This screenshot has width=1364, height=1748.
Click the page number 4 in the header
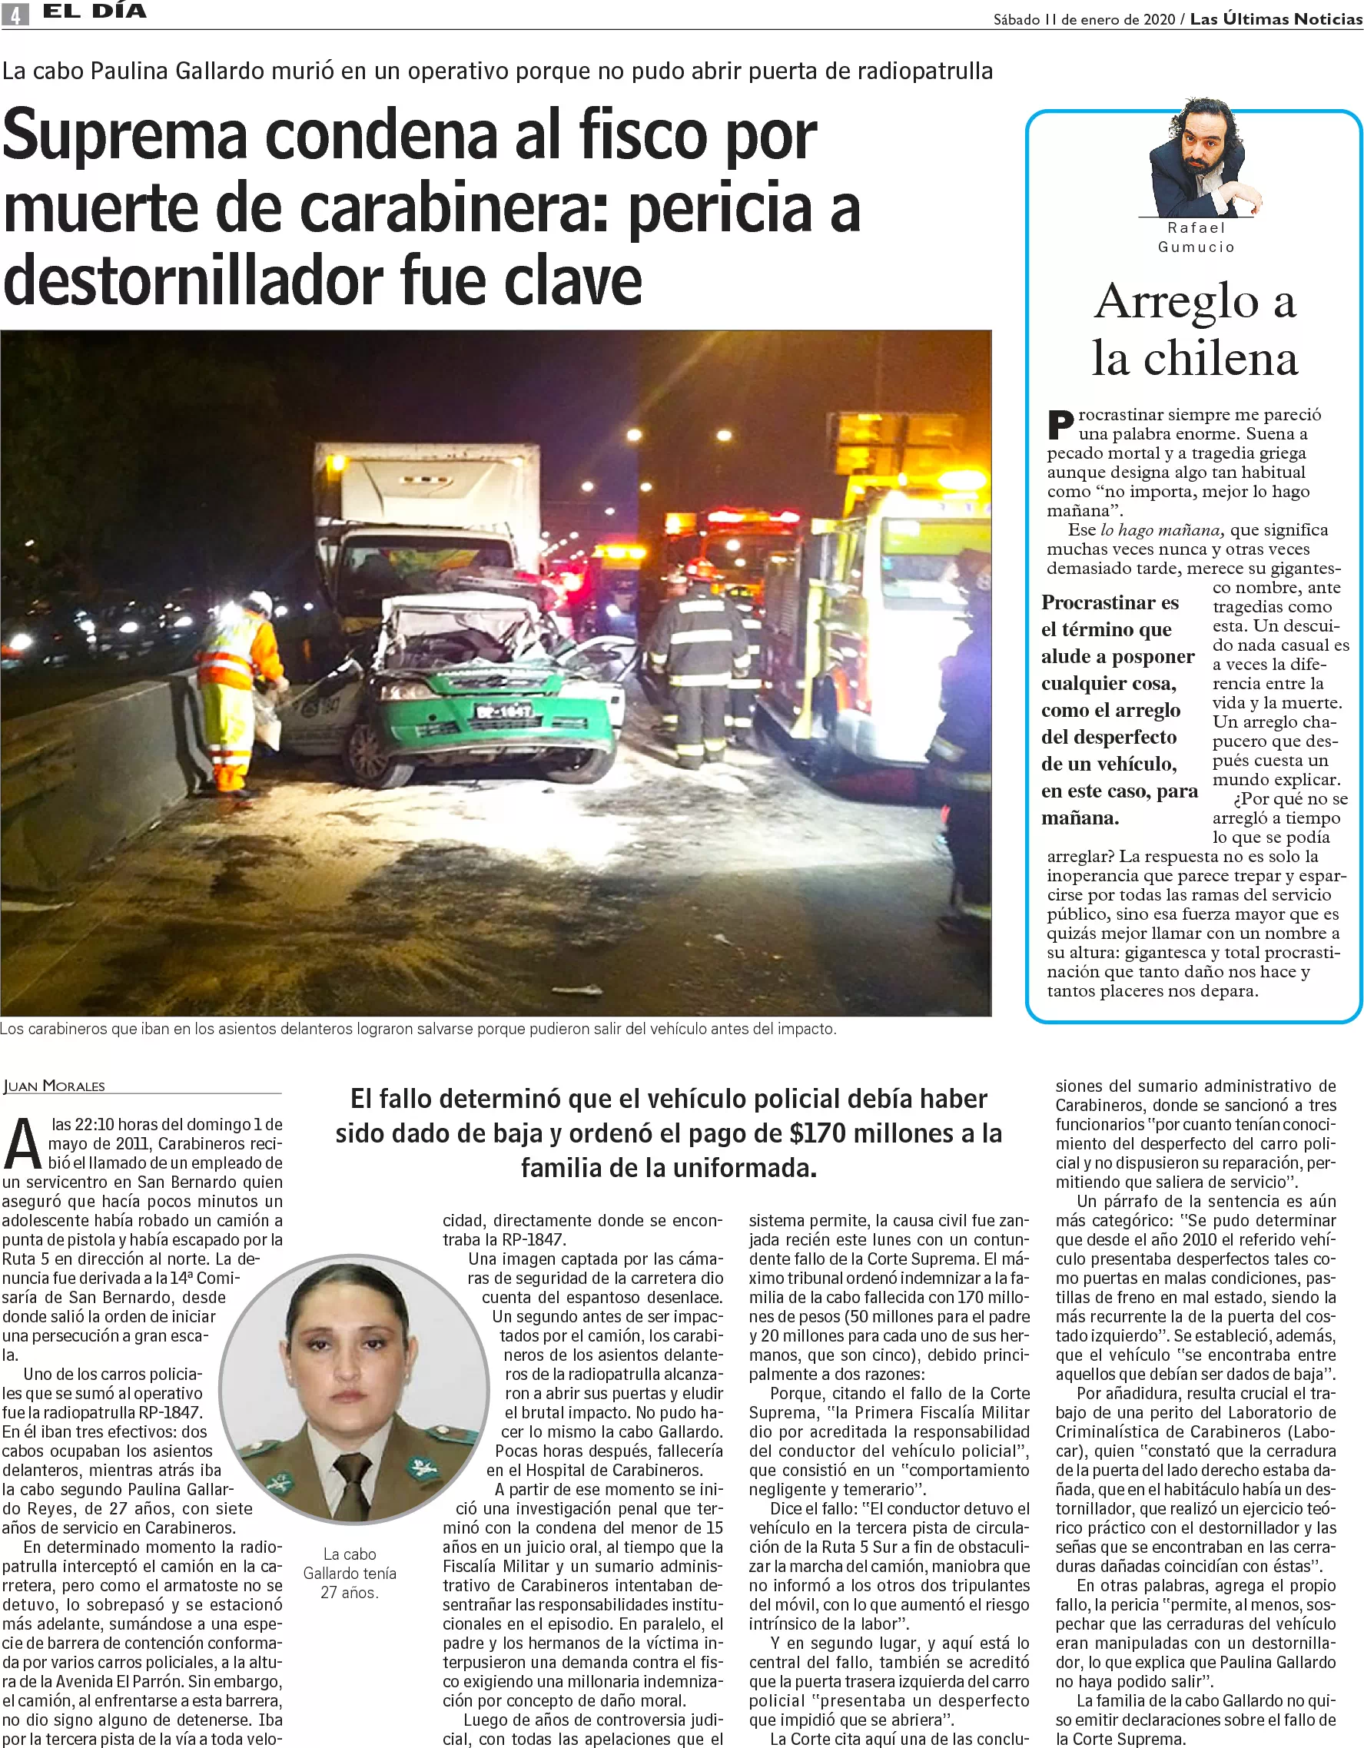tap(15, 14)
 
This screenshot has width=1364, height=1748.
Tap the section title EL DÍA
tap(95, 12)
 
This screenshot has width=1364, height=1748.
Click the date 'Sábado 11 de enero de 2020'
tap(1084, 19)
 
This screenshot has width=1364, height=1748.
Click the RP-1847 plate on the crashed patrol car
tap(503, 710)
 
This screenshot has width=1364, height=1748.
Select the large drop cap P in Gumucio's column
tap(1060, 425)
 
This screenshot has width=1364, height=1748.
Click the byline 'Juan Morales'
tap(55, 1086)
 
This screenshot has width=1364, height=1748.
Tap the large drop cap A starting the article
tap(22, 1145)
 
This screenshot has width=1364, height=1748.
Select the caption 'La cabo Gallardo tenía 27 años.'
tap(349, 1573)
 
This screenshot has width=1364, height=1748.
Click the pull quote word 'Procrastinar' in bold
tap(1110, 602)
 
